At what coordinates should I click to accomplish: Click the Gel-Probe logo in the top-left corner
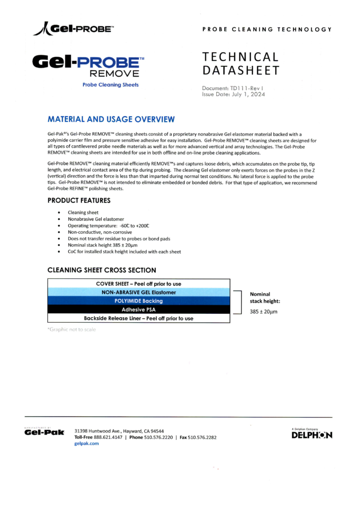(73, 29)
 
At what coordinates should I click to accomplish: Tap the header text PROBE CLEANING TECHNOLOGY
(267, 30)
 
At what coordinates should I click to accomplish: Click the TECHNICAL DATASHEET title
(240, 64)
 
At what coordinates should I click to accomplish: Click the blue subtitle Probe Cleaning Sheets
(110, 85)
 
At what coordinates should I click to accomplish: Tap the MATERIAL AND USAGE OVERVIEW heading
(111, 119)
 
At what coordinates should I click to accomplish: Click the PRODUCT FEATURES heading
(79, 201)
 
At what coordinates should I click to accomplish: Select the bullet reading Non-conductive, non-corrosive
(100, 232)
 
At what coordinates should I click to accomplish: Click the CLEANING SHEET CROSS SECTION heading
(102, 270)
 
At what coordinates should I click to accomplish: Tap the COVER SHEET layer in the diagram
(139, 284)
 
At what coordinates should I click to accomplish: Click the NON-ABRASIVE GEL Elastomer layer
(139, 292)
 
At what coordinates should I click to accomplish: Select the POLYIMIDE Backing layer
(139, 301)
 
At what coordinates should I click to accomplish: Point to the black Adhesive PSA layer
(139, 310)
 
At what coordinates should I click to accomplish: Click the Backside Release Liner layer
(139, 318)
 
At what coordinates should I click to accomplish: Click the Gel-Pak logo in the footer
(44, 433)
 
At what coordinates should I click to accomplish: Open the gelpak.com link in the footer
(86, 443)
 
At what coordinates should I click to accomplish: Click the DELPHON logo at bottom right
(312, 435)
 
